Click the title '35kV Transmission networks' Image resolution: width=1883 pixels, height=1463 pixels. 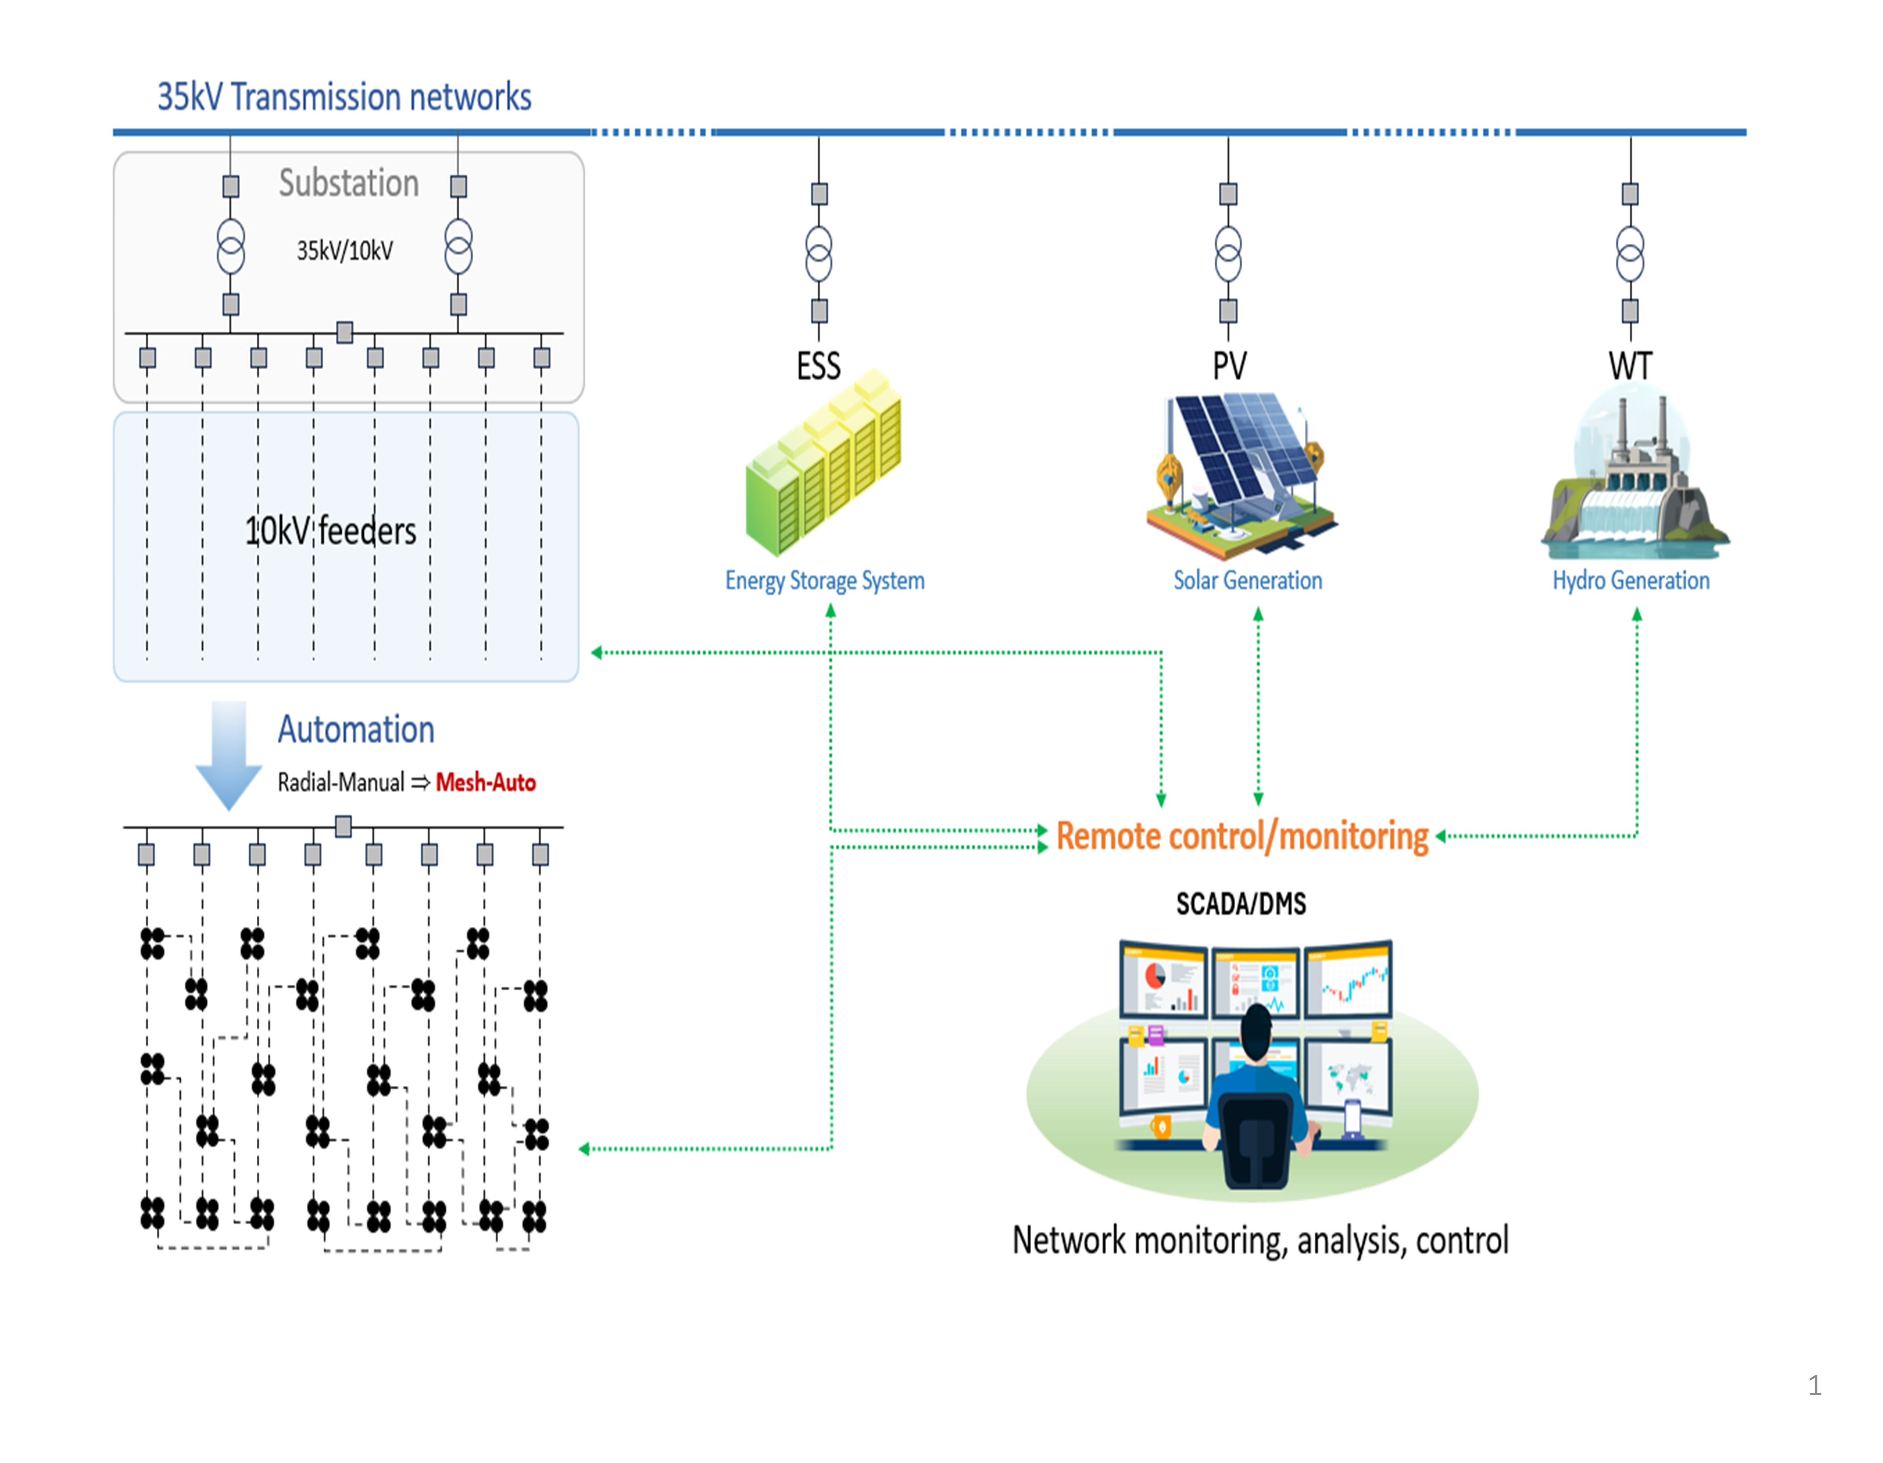344,96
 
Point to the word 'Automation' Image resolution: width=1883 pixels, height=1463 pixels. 355,729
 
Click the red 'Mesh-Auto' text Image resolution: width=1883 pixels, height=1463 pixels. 485,782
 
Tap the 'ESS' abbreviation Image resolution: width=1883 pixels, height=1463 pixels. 818,367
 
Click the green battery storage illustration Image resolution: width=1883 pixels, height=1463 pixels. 823,466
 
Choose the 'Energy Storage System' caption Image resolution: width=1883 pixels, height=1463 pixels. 824,580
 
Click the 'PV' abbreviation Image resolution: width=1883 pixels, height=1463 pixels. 1229,367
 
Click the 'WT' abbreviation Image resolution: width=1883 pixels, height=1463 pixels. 1629,367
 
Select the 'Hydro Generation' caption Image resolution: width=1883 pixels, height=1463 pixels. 1630,580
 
